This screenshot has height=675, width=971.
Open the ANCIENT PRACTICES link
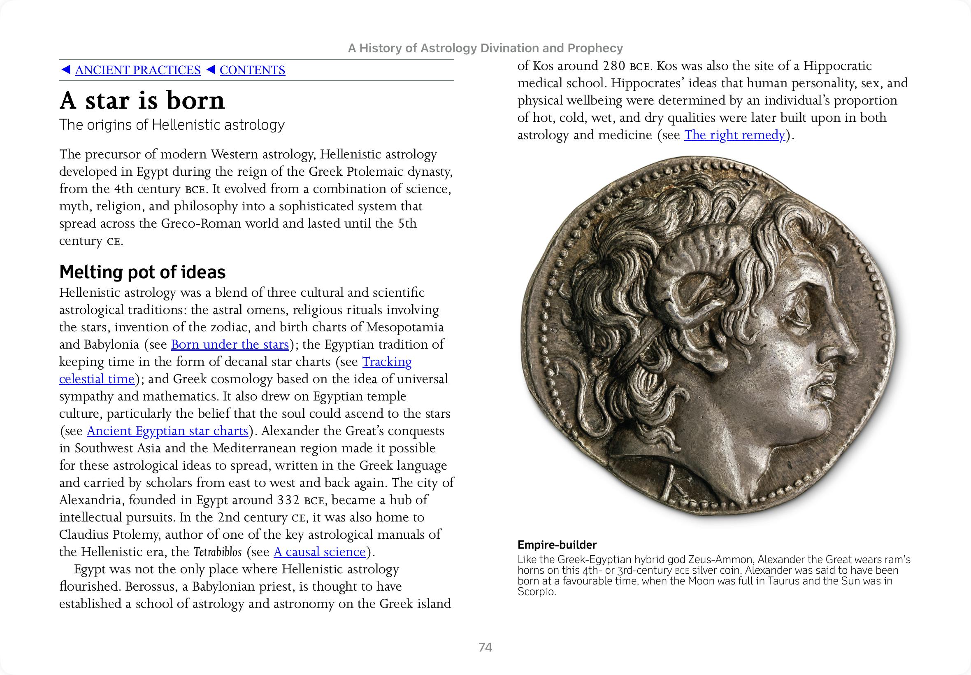pos(137,70)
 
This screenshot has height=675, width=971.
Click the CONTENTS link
pos(252,70)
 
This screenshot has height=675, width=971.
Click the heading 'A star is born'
pos(142,100)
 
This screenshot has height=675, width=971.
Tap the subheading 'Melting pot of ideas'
pos(142,272)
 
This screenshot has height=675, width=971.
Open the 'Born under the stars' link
pos(230,344)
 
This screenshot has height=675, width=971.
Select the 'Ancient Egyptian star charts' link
pos(167,431)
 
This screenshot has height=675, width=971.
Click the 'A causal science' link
pos(320,552)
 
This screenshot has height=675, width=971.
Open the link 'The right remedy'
pos(734,135)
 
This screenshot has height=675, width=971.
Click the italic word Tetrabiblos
pos(218,552)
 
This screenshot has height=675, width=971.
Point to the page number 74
pos(485,647)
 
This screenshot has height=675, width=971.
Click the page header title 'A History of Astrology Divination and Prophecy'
pos(485,48)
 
